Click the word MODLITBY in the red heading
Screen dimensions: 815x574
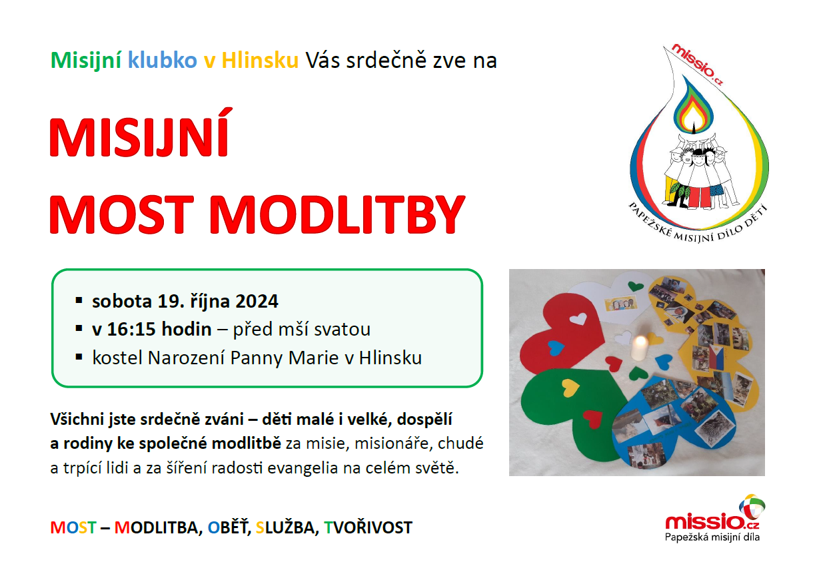point(337,215)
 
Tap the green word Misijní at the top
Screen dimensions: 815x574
point(86,60)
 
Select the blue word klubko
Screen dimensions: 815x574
point(163,60)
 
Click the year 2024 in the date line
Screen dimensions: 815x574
point(257,301)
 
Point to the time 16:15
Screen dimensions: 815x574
point(132,329)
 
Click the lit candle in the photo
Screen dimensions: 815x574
point(639,347)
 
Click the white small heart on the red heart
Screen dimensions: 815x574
point(578,318)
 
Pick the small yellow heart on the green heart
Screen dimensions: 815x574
point(570,388)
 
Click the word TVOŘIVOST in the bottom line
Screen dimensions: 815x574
point(368,527)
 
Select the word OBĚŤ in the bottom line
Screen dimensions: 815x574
point(229,527)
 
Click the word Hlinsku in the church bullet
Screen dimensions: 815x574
point(391,358)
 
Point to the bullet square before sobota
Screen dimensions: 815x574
point(79,300)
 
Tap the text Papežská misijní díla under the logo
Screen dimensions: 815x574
point(712,537)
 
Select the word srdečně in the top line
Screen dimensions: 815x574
point(386,60)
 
